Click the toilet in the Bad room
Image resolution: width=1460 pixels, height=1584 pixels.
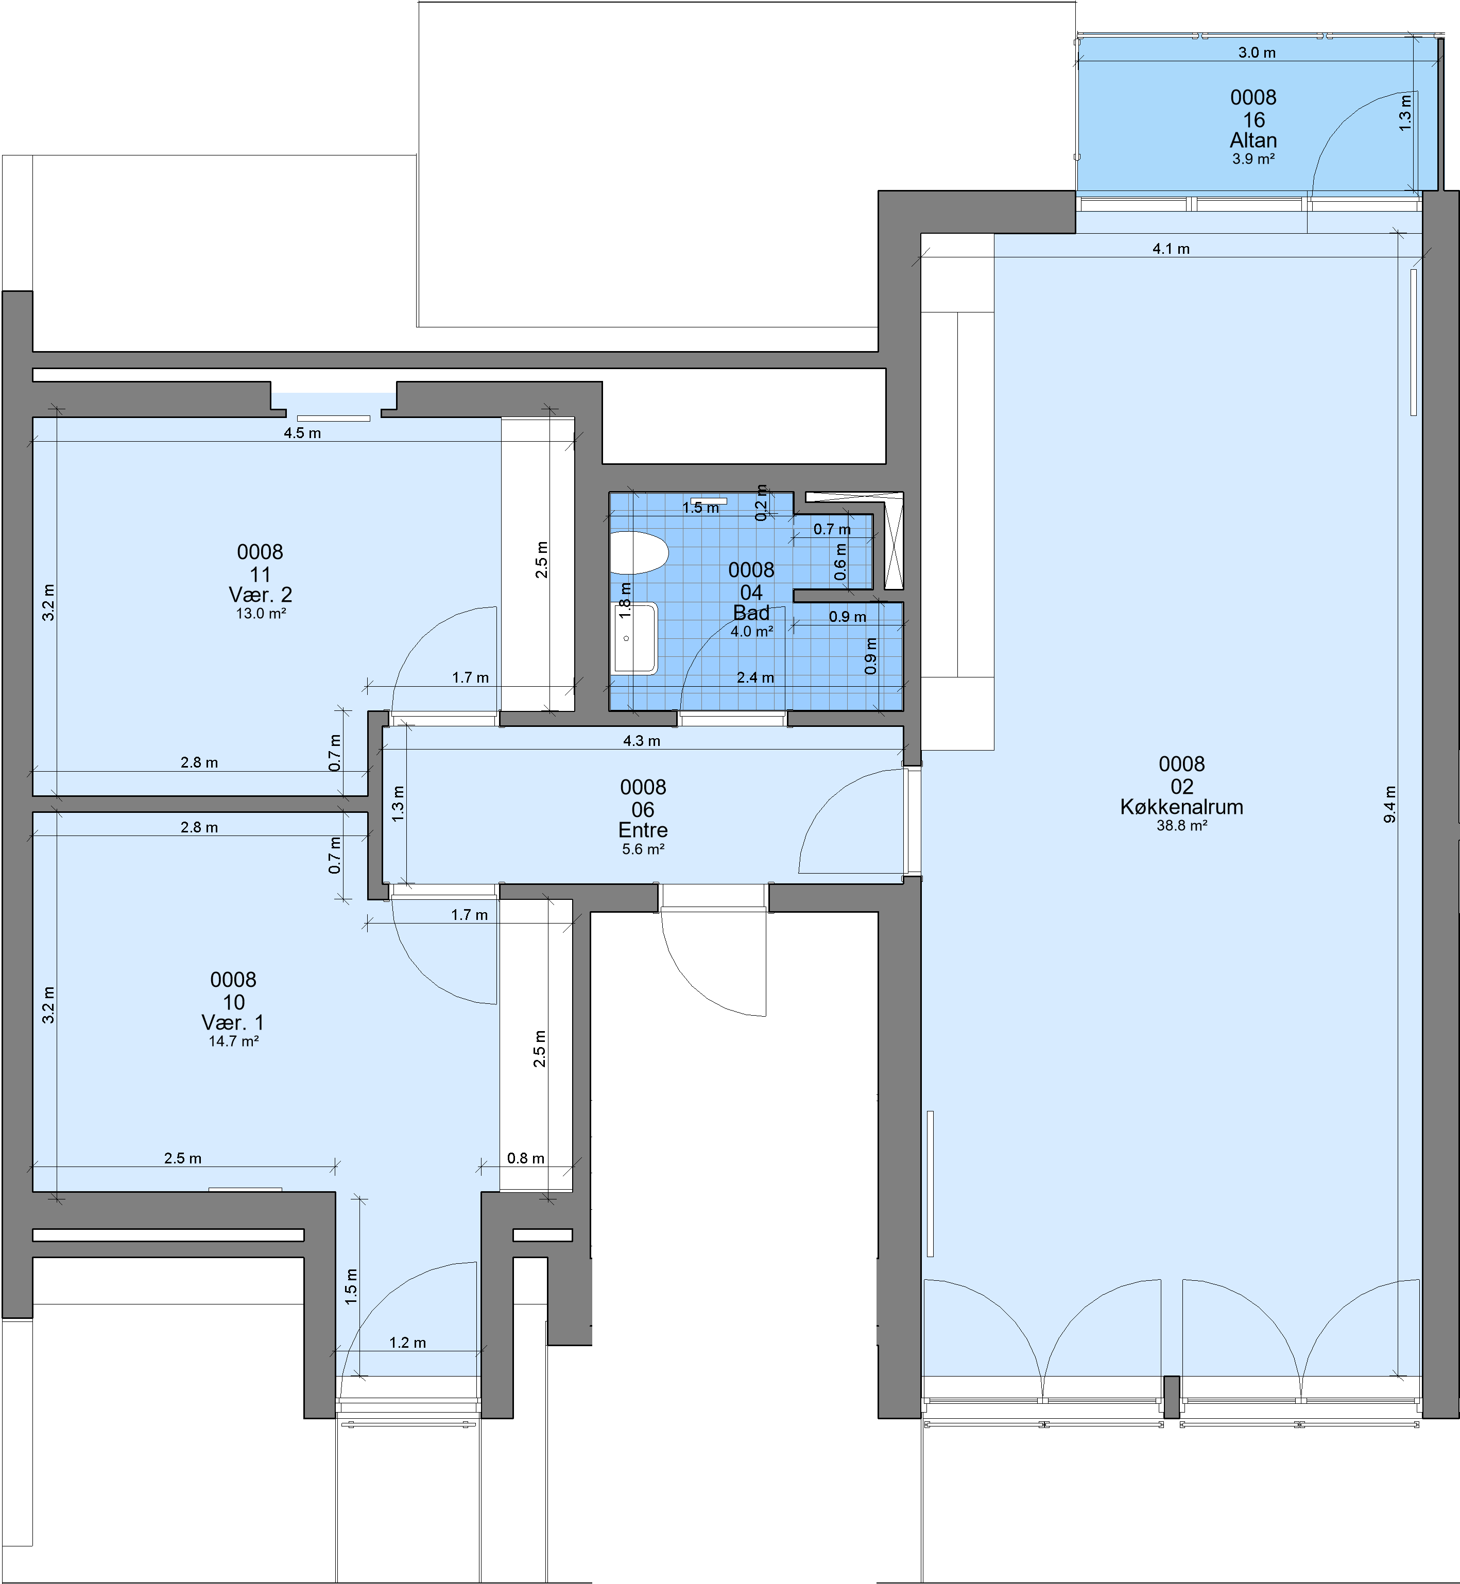click(639, 553)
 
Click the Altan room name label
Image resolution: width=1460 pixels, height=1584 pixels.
click(1253, 141)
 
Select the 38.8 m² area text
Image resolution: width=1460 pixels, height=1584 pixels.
click(1182, 826)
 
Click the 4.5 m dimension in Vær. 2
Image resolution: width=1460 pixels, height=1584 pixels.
click(303, 433)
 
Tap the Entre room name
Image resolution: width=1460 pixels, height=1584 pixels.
click(643, 830)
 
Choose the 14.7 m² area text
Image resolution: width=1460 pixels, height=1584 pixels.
click(234, 1041)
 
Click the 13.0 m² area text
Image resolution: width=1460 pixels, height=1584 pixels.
click(261, 614)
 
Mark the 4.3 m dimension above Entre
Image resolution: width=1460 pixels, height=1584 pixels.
click(642, 741)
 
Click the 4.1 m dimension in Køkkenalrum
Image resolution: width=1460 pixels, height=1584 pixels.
click(1171, 249)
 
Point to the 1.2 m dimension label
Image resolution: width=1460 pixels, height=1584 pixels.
click(408, 1343)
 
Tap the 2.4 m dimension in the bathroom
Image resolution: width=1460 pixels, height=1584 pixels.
click(755, 677)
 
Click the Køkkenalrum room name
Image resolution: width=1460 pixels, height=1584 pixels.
click(1182, 807)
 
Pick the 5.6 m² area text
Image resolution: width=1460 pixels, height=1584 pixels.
click(643, 849)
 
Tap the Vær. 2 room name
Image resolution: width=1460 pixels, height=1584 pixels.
click(261, 595)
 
